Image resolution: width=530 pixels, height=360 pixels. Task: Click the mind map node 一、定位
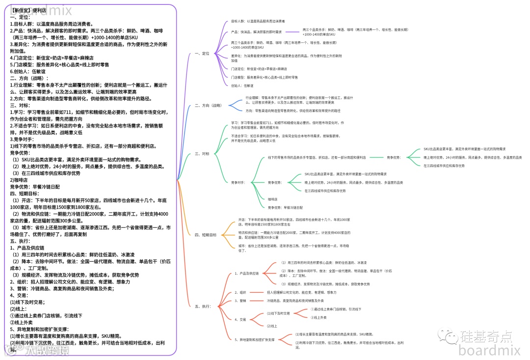pyautogui.click(x=202, y=53)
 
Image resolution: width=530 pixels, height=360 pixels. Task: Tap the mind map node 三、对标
pyautogui.click(x=202, y=154)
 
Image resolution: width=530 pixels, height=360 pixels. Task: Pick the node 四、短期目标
pyautogui.click(x=206, y=235)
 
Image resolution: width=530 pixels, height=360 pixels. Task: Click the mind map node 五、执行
pyautogui.click(x=203, y=306)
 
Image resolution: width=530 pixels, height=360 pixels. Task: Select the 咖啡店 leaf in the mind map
pyautogui.click(x=272, y=199)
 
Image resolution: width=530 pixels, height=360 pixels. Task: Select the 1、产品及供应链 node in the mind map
pyautogui.click(x=246, y=273)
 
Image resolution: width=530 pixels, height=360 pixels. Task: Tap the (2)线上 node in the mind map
pyautogui.click(x=272, y=326)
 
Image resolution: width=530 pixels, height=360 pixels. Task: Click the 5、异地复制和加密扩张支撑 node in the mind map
pyautogui.click(x=254, y=339)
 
